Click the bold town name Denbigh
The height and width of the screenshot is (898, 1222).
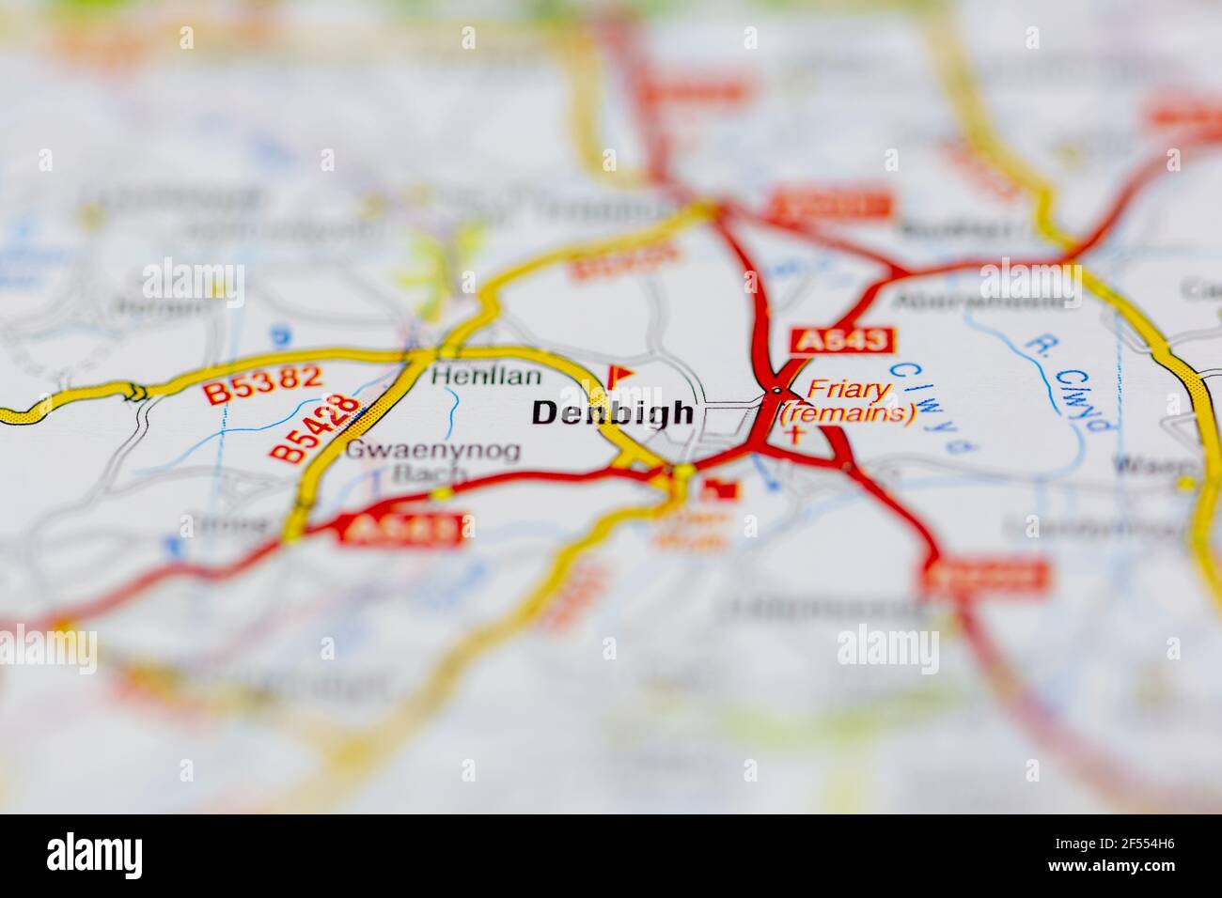pos(613,413)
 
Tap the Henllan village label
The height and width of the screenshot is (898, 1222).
pos(486,377)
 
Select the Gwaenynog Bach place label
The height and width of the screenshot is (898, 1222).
pos(431,462)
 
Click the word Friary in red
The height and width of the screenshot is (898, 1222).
pos(849,390)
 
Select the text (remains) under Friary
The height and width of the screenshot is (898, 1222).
pos(848,413)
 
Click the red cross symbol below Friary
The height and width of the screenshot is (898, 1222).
pos(797,434)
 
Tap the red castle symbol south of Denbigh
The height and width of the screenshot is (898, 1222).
pos(723,488)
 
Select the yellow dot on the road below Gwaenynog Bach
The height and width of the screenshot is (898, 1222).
pos(440,493)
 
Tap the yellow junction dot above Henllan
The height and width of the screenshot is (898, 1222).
pos(419,355)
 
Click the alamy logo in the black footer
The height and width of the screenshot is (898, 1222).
pos(95,856)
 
